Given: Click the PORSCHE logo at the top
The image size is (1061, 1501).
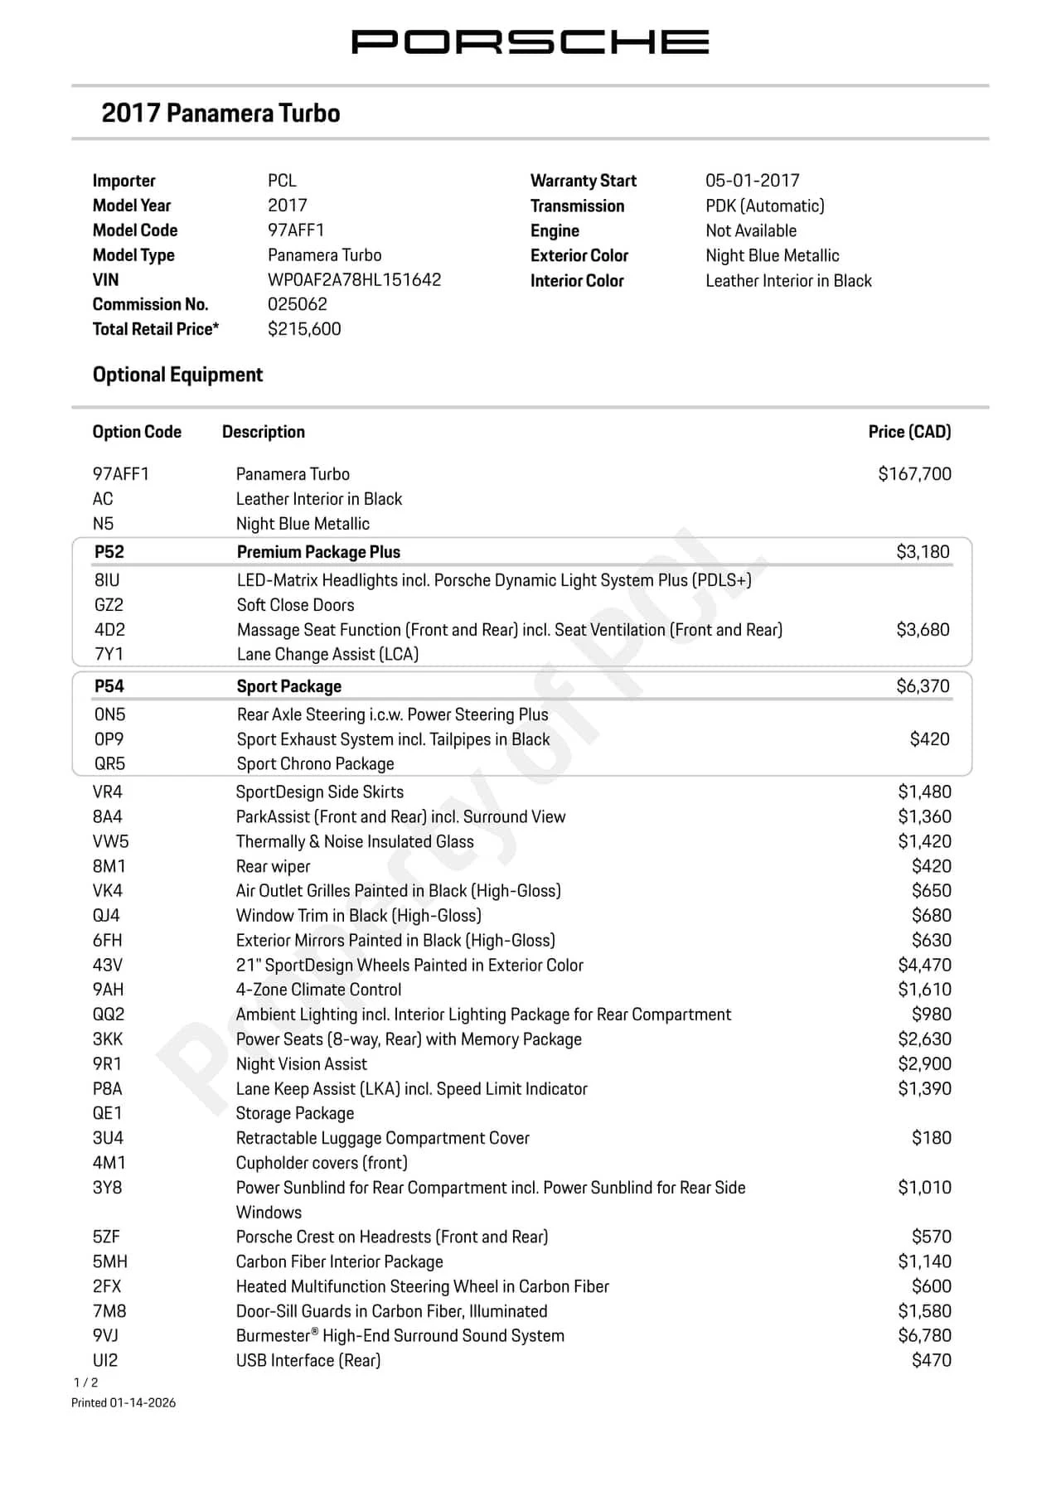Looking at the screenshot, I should tap(530, 41).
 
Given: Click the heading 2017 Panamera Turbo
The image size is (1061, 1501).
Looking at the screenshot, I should tap(220, 113).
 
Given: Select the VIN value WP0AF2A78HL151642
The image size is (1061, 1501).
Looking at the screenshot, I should tap(354, 279).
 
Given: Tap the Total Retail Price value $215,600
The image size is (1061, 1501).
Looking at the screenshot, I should tap(304, 329).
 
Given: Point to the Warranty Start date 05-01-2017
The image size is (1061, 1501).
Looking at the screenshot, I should tap(752, 181).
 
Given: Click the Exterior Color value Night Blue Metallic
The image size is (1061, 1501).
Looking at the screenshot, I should tap(772, 255).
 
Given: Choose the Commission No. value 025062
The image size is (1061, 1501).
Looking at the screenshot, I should tap(297, 304).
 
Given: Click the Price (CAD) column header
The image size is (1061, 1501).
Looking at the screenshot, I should tap(909, 432).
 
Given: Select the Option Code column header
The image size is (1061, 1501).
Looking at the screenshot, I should tap(137, 432).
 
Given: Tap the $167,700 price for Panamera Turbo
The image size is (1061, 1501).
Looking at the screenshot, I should tap(914, 474).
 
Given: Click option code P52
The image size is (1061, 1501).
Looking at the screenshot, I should tap(109, 552).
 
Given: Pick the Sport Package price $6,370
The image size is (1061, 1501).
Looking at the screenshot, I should tap(923, 686).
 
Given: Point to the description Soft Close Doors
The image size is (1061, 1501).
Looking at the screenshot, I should tap(295, 605).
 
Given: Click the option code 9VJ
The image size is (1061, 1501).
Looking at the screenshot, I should tap(105, 1335).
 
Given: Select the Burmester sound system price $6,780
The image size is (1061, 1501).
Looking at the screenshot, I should tap(924, 1335).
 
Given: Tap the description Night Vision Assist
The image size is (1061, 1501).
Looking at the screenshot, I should tap(301, 1064).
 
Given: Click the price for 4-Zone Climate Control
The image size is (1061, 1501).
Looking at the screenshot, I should tap(924, 990).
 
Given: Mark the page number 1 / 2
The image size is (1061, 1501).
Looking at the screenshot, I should tap(85, 1382).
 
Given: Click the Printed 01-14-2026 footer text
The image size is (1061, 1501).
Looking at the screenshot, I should tap(124, 1402).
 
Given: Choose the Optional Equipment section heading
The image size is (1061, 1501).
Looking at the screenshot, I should tap(177, 375).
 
